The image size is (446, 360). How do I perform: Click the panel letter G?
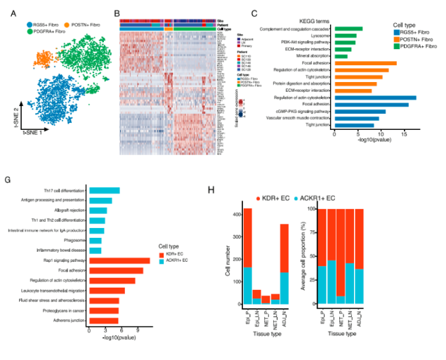click(x=8, y=180)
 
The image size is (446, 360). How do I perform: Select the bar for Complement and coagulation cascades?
click(x=348, y=29)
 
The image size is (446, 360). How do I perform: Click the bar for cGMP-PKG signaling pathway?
click(x=360, y=112)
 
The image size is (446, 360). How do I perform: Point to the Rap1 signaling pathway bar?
click(x=119, y=260)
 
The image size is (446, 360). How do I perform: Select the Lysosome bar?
click(x=345, y=36)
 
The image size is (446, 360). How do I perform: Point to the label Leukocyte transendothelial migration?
click(x=53, y=290)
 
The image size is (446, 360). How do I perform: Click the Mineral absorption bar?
click(x=341, y=57)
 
